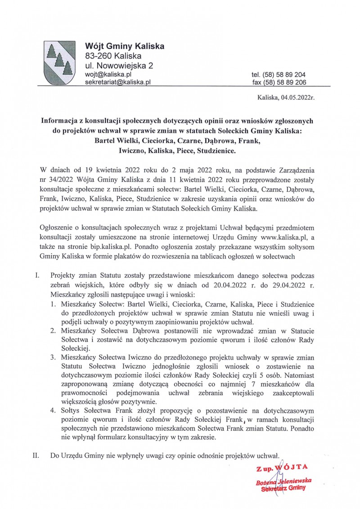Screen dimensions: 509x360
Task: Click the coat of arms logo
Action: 58,63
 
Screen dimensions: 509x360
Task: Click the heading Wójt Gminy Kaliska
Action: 125,46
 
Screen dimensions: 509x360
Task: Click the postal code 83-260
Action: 99,56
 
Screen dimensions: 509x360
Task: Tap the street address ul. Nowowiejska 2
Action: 119,66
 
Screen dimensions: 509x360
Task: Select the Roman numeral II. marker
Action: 36,455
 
